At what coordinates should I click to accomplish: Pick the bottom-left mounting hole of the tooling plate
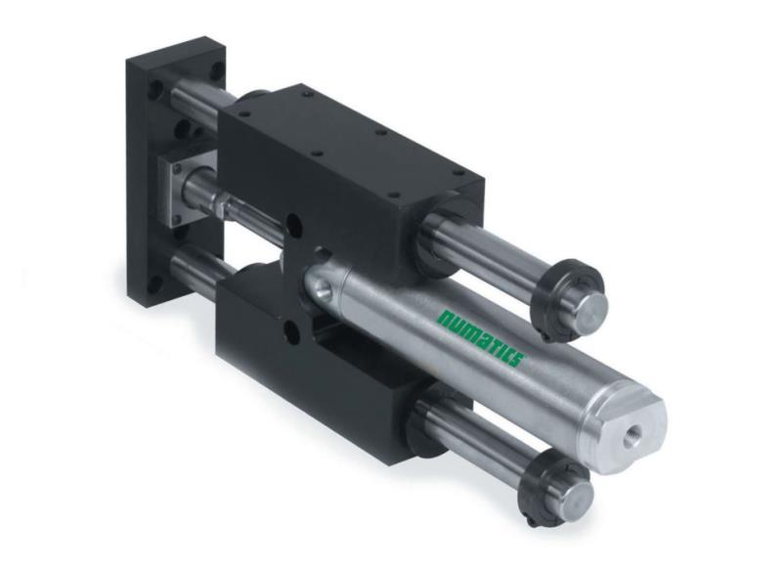pyautogui.click(x=156, y=285)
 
